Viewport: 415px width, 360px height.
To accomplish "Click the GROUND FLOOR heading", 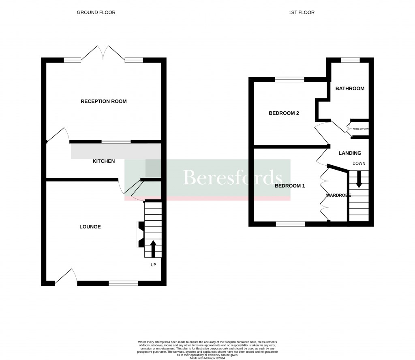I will [x=96, y=13].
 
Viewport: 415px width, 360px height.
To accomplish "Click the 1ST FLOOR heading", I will [x=301, y=13].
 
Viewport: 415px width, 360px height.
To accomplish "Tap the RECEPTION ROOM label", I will [x=104, y=101].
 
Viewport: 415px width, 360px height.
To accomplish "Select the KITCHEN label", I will [x=104, y=161].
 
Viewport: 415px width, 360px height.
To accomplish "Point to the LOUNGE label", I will [x=90, y=227].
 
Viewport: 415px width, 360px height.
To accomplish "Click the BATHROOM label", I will [x=350, y=88].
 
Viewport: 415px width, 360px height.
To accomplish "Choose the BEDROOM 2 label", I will [x=284, y=113].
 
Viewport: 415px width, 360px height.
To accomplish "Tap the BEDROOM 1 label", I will [x=289, y=186].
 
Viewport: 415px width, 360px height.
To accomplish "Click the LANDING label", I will [x=350, y=153].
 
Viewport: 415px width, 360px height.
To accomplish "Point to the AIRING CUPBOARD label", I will [x=360, y=129].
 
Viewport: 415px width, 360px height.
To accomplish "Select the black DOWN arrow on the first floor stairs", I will [x=359, y=179].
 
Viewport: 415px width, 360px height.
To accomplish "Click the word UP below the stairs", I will [x=153, y=264].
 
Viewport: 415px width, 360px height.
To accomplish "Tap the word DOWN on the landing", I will [x=359, y=164].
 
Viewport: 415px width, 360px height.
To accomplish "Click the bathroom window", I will [x=350, y=60].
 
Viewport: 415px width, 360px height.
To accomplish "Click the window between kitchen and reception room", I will [x=116, y=142].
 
